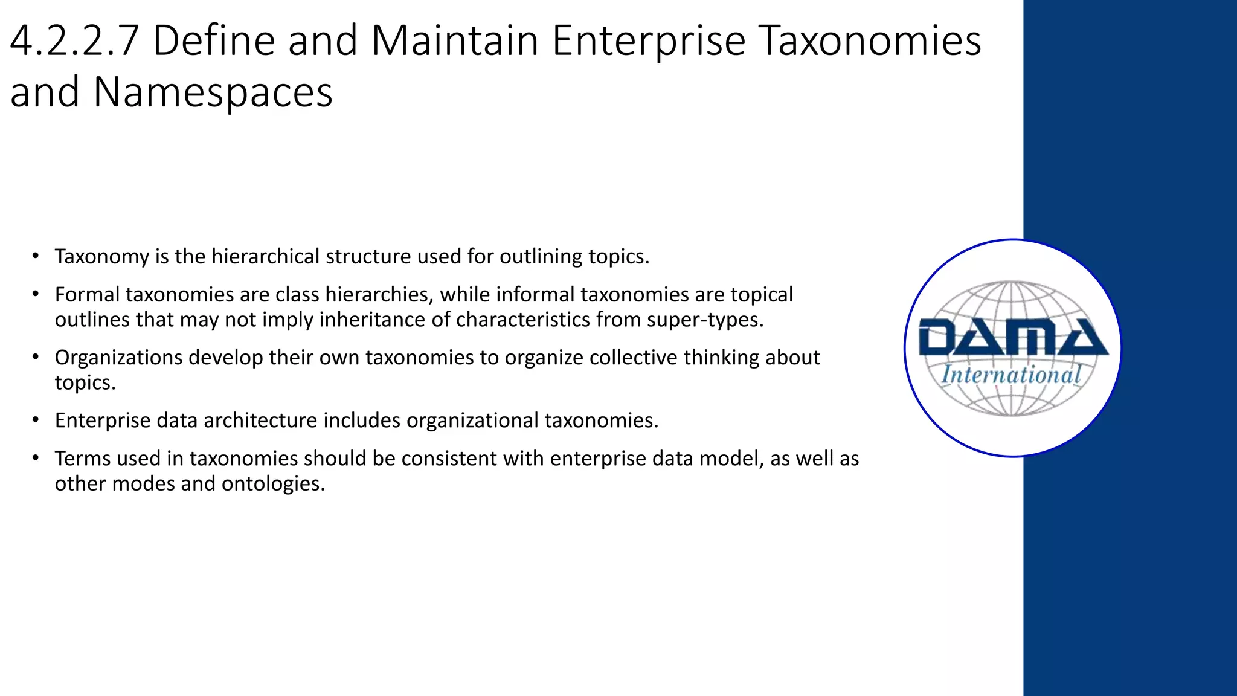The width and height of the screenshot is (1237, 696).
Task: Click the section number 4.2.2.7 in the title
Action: (x=75, y=41)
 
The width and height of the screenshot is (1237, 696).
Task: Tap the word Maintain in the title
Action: (x=454, y=41)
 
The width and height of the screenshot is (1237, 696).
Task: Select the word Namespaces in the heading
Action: (x=213, y=92)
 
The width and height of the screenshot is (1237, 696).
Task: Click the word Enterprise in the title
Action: (x=648, y=41)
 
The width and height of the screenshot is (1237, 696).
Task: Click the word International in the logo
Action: (x=1011, y=375)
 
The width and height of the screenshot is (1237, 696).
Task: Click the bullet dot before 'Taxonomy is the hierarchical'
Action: (x=36, y=256)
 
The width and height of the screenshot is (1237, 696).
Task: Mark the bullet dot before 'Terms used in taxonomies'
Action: (x=36, y=457)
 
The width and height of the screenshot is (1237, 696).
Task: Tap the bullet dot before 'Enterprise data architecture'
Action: (x=36, y=419)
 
